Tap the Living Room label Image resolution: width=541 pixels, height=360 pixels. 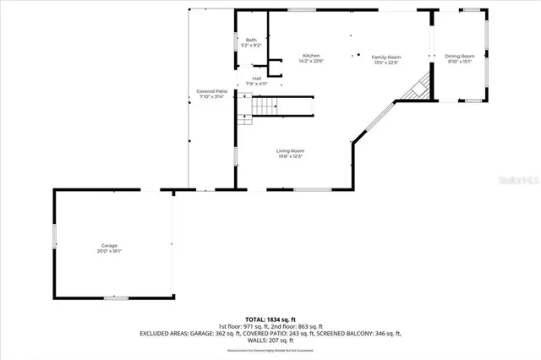point(289,150)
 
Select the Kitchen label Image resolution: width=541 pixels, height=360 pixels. point(312,56)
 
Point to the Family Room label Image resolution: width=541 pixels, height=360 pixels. point(386,57)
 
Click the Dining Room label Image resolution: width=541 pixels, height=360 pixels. point(460,57)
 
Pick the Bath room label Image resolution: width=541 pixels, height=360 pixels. point(251,40)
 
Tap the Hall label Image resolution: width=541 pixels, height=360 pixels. point(256,78)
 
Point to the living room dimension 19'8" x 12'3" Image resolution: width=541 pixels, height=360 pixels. point(289,156)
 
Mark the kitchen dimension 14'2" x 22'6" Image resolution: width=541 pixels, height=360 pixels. point(312,62)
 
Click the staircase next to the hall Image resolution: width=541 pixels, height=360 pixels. point(265,106)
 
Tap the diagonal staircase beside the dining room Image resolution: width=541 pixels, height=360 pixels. point(417,86)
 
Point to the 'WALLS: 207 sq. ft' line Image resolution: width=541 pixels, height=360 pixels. point(270,340)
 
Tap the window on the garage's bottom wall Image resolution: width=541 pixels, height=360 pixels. point(116,297)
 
